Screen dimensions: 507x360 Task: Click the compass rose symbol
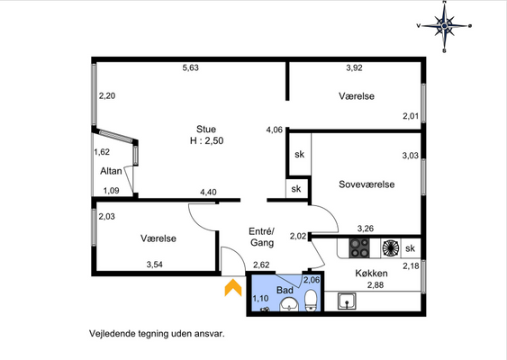tap(445, 26)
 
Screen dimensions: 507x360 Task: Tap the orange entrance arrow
tap(233, 288)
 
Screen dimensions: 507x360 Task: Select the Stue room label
tap(206, 130)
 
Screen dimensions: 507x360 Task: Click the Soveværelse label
tap(367, 184)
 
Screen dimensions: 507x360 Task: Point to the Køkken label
tap(371, 273)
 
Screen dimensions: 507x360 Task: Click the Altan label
tap(111, 171)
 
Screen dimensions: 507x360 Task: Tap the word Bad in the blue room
tap(285, 290)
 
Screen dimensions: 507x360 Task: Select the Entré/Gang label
tap(261, 237)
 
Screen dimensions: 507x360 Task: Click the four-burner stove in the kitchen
tap(359, 248)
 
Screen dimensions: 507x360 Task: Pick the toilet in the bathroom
tap(311, 301)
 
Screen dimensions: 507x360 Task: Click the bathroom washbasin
tap(289, 305)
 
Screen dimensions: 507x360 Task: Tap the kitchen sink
tap(347, 301)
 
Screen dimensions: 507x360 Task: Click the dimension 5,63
tap(190, 67)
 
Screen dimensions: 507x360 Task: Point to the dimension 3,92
tap(354, 67)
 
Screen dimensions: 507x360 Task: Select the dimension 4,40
tap(208, 193)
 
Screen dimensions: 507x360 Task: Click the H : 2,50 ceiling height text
tap(206, 141)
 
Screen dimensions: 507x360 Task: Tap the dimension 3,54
tap(155, 265)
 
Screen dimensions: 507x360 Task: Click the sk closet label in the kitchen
tap(410, 248)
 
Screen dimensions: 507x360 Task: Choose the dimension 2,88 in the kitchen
tap(376, 285)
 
